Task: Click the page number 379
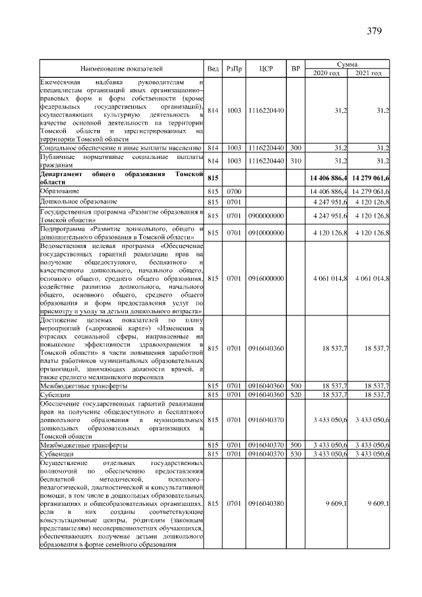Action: [x=374, y=31]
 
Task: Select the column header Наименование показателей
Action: [x=121, y=69]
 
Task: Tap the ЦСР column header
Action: [x=266, y=69]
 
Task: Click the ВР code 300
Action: [x=295, y=148]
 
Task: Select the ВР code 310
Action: [x=295, y=161]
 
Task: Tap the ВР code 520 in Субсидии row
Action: [x=295, y=394]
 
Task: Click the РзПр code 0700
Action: [x=234, y=191]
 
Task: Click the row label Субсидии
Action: [x=54, y=394]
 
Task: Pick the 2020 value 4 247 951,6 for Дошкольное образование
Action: [x=330, y=201]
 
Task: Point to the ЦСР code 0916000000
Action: [x=266, y=278]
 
